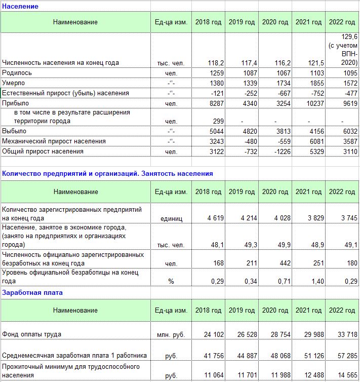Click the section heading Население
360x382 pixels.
pyautogui.click(x=20, y=6)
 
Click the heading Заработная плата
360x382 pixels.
pyautogui.click(x=32, y=292)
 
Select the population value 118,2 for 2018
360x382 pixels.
pyautogui.click(x=216, y=63)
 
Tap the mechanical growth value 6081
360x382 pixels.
pyautogui.click(x=315, y=141)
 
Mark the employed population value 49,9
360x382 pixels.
pyautogui.click(x=283, y=245)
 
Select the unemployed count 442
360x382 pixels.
pyautogui.click(x=284, y=263)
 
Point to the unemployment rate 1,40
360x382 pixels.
pyautogui.click(x=315, y=282)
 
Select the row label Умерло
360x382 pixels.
pyautogui.click(x=14, y=83)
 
